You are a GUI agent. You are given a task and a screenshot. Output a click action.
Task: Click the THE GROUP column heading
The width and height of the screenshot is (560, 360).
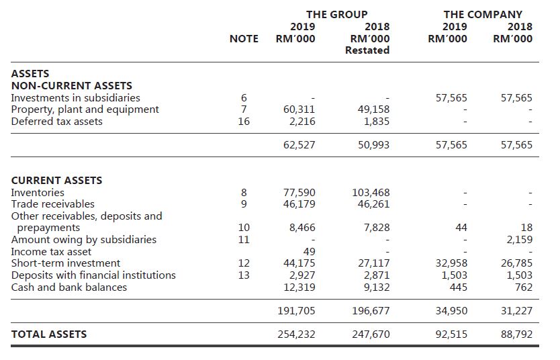click(x=336, y=14)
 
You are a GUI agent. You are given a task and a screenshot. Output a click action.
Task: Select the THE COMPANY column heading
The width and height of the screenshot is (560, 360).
click(x=482, y=14)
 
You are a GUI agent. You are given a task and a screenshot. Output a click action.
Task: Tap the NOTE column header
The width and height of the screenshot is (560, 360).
click(x=244, y=38)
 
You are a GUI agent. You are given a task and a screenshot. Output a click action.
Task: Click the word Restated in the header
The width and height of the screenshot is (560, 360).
click(x=367, y=50)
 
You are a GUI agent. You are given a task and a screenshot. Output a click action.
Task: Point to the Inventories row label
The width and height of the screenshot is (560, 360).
click(x=38, y=193)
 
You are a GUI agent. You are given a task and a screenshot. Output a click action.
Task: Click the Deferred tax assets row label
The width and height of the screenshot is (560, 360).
click(x=57, y=122)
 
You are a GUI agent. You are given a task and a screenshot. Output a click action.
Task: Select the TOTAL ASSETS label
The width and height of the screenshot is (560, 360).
click(x=49, y=334)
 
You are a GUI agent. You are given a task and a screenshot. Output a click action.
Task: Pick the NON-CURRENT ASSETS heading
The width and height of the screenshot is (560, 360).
click(x=72, y=86)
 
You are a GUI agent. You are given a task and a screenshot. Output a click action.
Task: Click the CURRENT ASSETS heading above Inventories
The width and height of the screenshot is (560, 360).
click(x=57, y=181)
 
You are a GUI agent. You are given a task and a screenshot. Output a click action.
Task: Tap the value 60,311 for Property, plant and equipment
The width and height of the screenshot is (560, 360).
click(x=300, y=109)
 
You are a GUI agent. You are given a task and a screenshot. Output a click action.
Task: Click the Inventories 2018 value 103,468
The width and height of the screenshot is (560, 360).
click(x=371, y=193)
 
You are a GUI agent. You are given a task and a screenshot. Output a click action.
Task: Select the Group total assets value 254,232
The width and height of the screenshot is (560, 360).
click(x=296, y=334)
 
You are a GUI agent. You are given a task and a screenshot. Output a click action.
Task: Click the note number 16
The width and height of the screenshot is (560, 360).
click(x=244, y=122)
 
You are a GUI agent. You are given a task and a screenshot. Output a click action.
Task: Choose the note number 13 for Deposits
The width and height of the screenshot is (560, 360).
click(x=244, y=275)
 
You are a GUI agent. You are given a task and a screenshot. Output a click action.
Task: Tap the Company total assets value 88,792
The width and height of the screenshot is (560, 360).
click(x=517, y=334)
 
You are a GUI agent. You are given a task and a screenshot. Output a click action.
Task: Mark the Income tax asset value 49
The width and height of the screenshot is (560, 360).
click(x=309, y=251)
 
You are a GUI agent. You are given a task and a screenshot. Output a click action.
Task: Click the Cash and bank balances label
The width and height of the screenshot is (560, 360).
click(x=69, y=287)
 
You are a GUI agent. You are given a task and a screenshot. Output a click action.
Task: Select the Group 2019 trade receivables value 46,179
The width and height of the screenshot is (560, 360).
click(x=300, y=204)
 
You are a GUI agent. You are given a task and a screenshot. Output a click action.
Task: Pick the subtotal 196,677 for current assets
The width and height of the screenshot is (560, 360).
click(x=371, y=311)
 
